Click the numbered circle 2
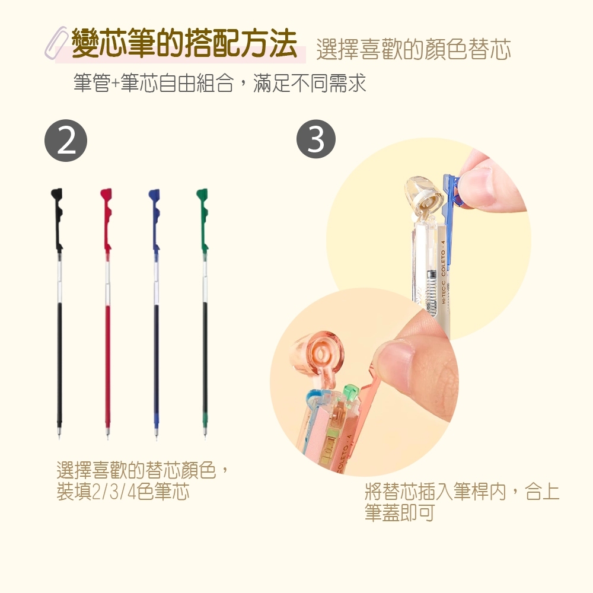[66, 141]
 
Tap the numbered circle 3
[316, 139]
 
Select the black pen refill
[58, 313]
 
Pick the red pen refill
[107, 313]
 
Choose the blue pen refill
[155, 313]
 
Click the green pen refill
[204, 313]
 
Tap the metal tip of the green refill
[205, 432]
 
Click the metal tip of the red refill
[107, 432]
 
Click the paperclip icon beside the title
[56, 42]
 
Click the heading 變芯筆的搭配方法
[184, 43]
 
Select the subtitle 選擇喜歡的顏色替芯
[413, 49]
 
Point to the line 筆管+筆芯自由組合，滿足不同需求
[220, 83]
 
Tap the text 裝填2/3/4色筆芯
[123, 492]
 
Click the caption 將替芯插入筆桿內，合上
[462, 491]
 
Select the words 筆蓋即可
[399, 512]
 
